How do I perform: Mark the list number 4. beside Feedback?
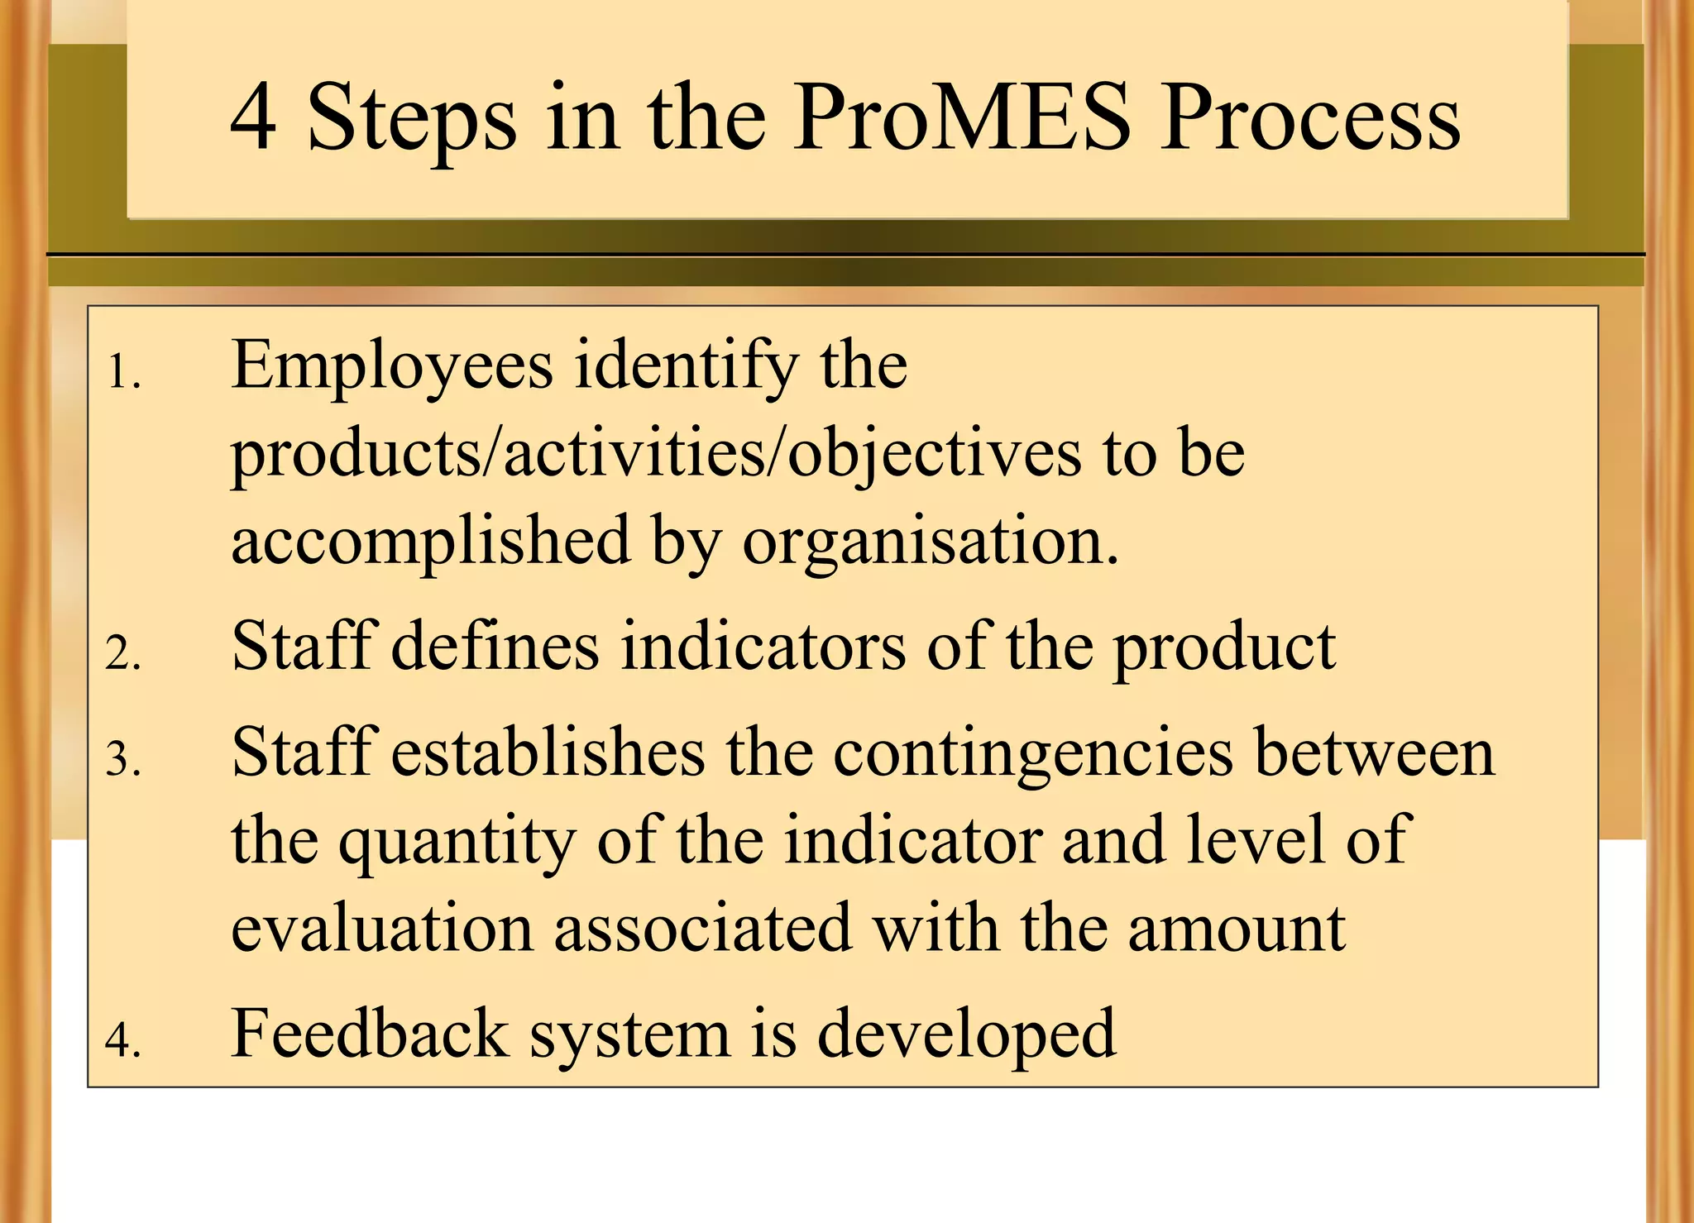[123, 1040]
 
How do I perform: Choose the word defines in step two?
[495, 647]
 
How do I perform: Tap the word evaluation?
[382, 928]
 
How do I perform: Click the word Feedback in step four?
[369, 1034]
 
